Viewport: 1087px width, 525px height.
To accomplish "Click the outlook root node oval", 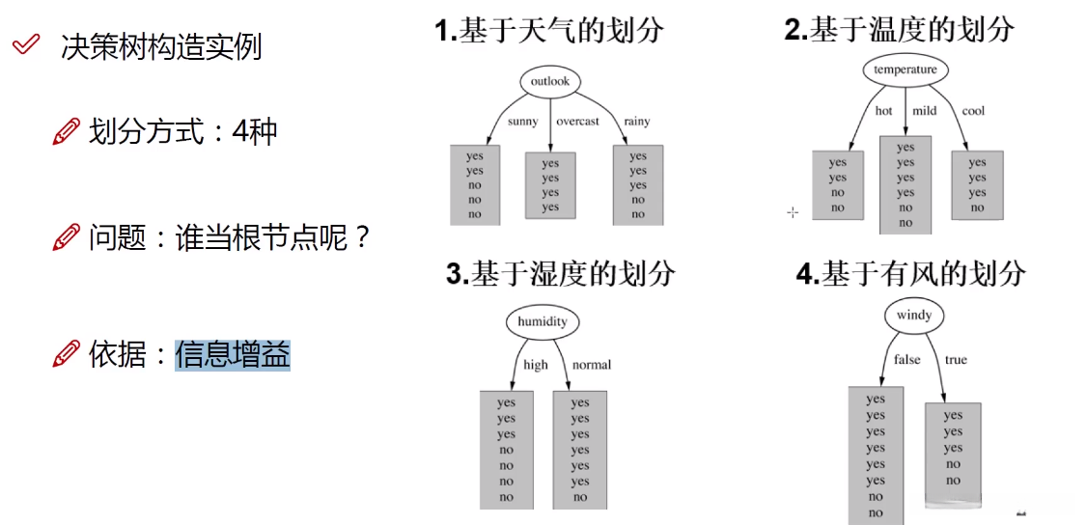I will (550, 81).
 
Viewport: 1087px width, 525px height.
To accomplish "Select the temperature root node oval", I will (905, 69).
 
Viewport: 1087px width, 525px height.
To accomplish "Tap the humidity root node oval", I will (542, 321).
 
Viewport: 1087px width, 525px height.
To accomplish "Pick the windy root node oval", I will (913, 316).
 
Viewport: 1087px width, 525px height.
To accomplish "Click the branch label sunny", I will (523, 122).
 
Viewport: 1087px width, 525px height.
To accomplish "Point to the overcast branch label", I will (577, 122).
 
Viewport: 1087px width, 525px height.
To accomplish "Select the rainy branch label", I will (636, 122).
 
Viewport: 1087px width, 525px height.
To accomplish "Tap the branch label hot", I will (883, 111).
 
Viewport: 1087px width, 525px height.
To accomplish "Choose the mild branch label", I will (925, 111).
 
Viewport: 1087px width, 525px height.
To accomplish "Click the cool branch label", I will (973, 111).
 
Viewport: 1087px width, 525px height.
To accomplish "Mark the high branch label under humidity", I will (535, 365).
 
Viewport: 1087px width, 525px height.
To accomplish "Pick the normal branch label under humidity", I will (592, 365).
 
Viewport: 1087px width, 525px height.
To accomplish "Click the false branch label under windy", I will (906, 360).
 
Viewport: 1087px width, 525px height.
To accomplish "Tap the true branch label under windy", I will (956, 360).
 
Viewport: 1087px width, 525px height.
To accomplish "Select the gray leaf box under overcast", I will (550, 184).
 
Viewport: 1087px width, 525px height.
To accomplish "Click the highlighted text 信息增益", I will (233, 355).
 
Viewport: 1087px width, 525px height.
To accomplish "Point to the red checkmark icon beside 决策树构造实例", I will (27, 45).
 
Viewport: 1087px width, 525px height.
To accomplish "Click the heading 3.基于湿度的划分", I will (560, 273).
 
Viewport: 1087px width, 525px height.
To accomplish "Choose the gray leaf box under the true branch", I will (953, 454).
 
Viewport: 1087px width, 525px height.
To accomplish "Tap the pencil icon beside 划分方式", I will (66, 132).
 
